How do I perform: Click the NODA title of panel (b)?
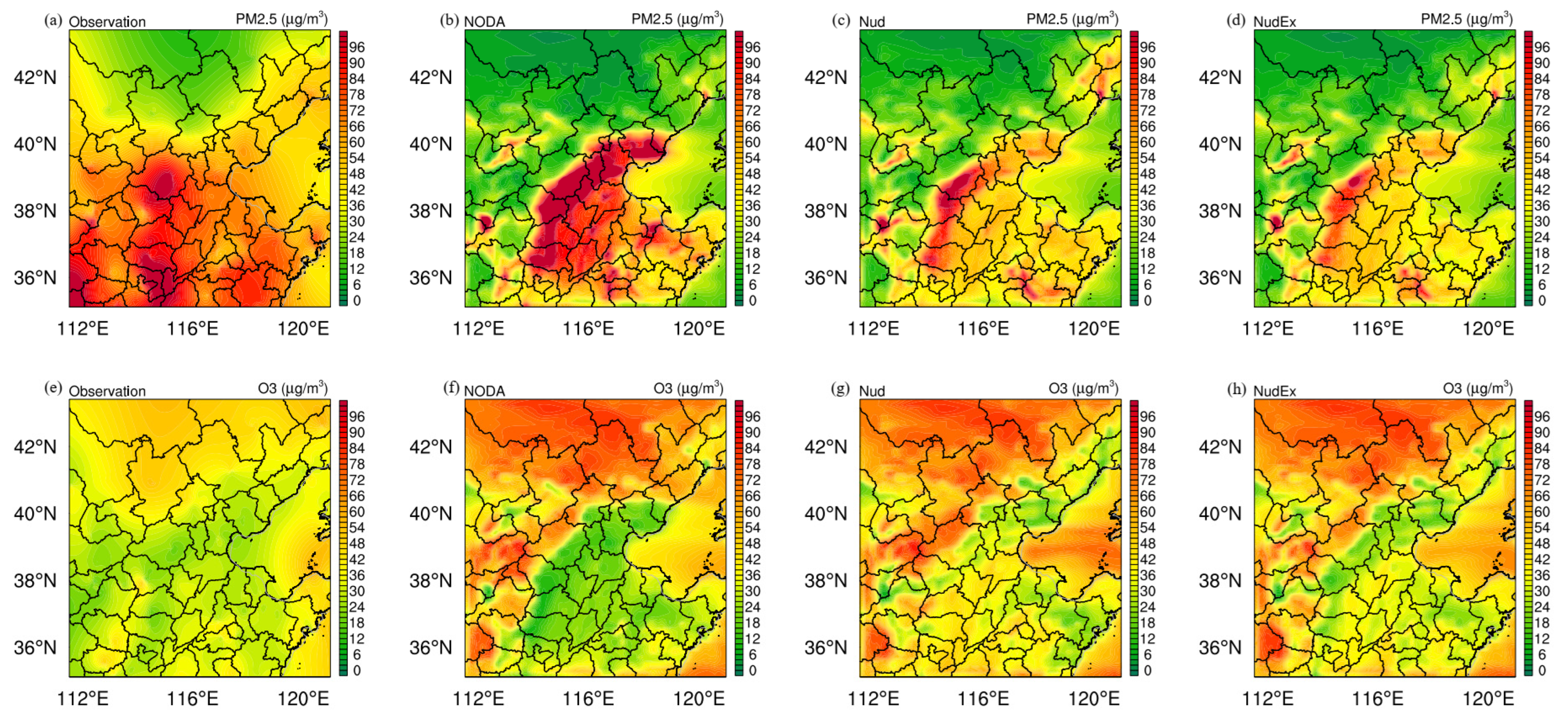(484, 22)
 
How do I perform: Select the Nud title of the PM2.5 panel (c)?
(872, 22)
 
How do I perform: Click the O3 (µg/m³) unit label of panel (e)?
(293, 388)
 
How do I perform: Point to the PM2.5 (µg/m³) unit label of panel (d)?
(1467, 19)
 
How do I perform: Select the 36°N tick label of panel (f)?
(431, 648)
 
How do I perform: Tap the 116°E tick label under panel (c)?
(983, 329)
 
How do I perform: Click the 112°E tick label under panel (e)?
(83, 699)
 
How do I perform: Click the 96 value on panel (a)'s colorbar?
(357, 47)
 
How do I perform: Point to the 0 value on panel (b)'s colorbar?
(752, 300)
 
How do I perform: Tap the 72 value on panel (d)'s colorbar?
(1541, 111)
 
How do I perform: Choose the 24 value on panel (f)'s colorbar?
(752, 607)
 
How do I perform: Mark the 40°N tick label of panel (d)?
(1220, 145)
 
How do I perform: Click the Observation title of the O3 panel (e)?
(107, 391)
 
